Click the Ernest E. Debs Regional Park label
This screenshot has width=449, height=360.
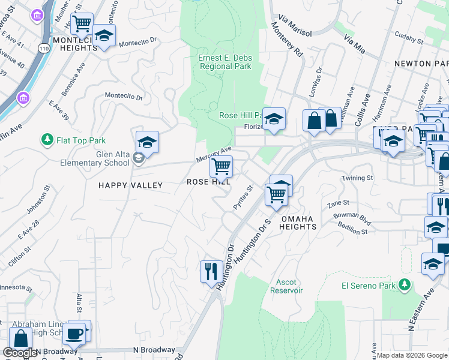[x=224, y=62]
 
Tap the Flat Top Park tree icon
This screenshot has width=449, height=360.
[x=47, y=140]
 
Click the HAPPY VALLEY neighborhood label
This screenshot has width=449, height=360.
[x=130, y=185]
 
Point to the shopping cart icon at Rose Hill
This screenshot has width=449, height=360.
[x=221, y=166]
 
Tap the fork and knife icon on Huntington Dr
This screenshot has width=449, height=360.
[x=211, y=271]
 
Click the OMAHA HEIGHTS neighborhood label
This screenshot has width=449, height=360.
[x=298, y=223]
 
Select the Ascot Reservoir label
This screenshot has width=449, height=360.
[x=289, y=286]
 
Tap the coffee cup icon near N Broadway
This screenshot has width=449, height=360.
[x=74, y=333]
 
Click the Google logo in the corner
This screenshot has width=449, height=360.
[x=20, y=353]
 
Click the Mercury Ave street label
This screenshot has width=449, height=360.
[x=214, y=155]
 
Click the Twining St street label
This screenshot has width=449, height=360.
[x=357, y=178]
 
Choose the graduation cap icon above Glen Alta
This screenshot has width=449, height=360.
[x=147, y=143]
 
